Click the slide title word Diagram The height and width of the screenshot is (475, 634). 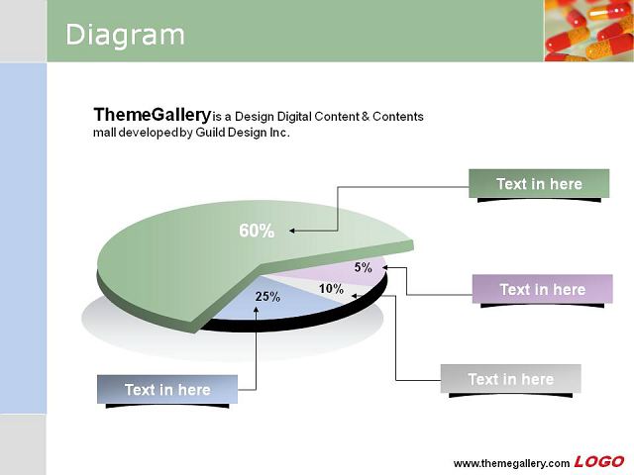click(125, 36)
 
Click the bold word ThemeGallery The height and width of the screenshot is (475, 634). click(152, 115)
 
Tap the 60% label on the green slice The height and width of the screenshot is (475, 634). click(257, 231)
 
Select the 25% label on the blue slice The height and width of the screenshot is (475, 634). click(267, 297)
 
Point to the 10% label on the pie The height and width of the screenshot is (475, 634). click(331, 289)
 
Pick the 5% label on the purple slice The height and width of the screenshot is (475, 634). click(364, 267)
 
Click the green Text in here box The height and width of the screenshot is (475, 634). click(539, 183)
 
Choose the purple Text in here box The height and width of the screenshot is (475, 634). click(543, 289)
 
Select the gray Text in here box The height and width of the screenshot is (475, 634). click(511, 378)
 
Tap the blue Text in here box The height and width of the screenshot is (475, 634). click(167, 389)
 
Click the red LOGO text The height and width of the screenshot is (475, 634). click(598, 462)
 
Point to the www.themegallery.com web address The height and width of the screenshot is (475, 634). click(511, 463)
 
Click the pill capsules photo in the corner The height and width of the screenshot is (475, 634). click(589, 31)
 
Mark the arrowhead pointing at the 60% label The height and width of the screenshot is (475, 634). click(292, 231)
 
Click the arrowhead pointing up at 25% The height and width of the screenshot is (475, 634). click(256, 310)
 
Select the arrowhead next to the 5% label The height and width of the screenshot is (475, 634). click(385, 267)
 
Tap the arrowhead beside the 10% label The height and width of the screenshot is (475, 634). click(355, 296)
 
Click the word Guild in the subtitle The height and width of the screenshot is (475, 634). click(210, 133)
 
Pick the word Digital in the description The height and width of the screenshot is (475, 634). click(295, 117)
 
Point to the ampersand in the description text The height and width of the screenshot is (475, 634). click(366, 117)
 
